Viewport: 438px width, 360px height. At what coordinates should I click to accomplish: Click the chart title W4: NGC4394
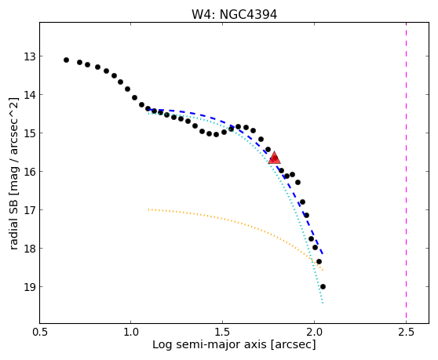pos(234,14)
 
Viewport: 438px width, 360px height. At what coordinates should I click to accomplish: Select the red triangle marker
pos(274,158)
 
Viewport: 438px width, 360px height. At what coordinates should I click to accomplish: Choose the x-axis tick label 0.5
pos(39,333)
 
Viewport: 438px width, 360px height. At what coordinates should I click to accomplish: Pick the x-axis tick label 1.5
pos(223,333)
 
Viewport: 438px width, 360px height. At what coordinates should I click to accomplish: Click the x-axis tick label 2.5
pos(406,333)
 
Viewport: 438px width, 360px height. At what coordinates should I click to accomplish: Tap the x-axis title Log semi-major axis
pos(210,344)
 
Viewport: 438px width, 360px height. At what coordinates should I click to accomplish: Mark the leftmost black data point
pos(66,60)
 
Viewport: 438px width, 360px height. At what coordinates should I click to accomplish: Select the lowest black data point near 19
pos(323,286)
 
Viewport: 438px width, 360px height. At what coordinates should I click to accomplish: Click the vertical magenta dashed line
pos(406,173)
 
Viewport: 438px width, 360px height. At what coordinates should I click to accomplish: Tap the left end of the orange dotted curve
pos(148,209)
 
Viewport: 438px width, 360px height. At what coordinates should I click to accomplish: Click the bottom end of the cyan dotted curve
pos(323,303)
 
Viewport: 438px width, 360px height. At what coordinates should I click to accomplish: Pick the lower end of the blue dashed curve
pos(323,254)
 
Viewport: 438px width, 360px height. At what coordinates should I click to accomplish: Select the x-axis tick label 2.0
pos(314,333)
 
